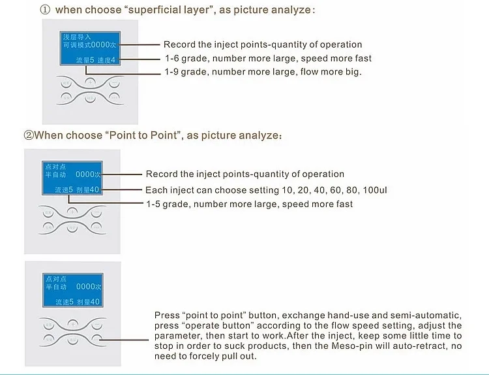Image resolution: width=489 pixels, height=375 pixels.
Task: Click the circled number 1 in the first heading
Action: click(45, 10)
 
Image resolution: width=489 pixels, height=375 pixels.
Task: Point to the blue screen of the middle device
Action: click(72, 176)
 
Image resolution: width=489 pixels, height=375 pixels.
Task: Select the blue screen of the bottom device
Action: click(72, 287)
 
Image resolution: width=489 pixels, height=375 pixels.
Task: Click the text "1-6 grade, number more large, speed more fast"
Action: click(267, 58)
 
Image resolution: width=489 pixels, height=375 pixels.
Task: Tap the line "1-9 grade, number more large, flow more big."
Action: click(262, 72)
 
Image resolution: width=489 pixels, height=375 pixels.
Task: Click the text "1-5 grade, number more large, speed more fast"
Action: click(249, 204)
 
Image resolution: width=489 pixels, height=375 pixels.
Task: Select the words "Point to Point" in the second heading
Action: click(139, 135)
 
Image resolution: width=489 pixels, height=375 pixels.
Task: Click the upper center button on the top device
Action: click(89, 82)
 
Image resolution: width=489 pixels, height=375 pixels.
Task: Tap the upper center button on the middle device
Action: click(72, 212)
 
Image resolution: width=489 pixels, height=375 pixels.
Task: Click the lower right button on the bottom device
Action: click(97, 338)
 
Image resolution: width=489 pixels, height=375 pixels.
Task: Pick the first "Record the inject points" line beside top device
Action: click(263, 44)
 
